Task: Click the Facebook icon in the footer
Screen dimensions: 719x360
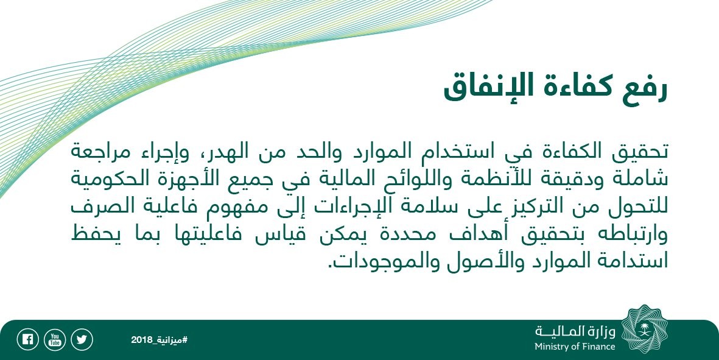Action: tap(27, 340)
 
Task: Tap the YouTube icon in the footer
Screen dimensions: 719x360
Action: tap(55, 340)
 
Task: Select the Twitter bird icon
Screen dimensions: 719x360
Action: tap(82, 340)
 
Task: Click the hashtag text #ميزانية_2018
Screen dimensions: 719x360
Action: tap(159, 340)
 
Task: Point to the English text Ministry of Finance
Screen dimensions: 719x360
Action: tap(575, 347)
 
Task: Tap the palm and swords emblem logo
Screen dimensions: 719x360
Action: tap(644, 330)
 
